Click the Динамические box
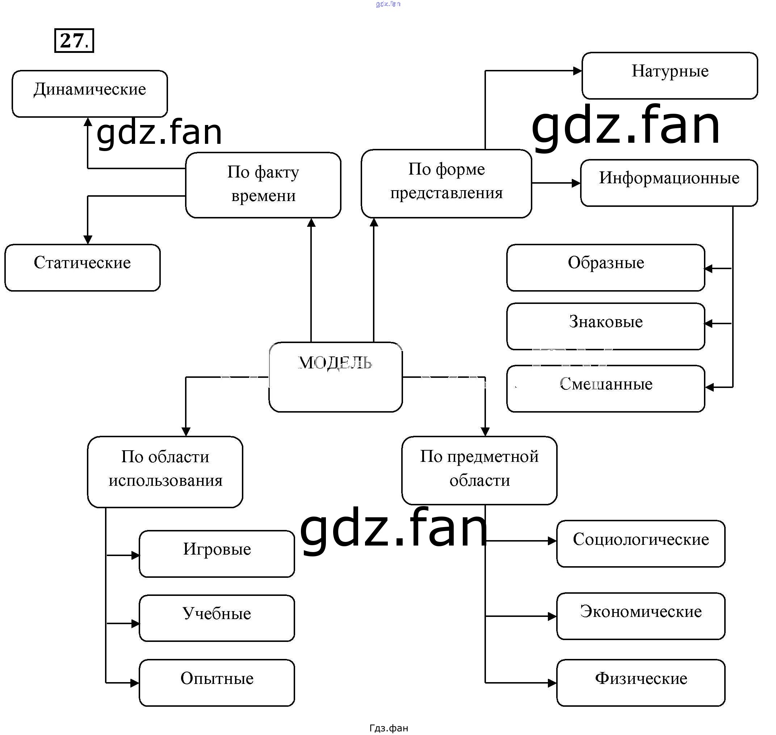tap(90, 93)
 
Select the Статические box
tap(82, 268)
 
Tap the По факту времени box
tap(263, 185)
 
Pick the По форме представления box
tap(446, 183)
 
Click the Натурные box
tap(670, 76)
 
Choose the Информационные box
tap(669, 183)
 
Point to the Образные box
tap(605, 268)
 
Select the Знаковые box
tap(605, 326)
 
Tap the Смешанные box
tap(605, 389)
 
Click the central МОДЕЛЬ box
tap(336, 377)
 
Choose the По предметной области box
tap(479, 471)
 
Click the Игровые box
tap(217, 554)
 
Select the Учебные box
tap(217, 618)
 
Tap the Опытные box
tap(217, 683)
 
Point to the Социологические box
tap(641, 544)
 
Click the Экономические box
tap(641, 616)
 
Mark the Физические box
tap(641, 683)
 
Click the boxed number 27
tap(74, 40)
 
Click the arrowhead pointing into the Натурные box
tap(578, 71)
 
